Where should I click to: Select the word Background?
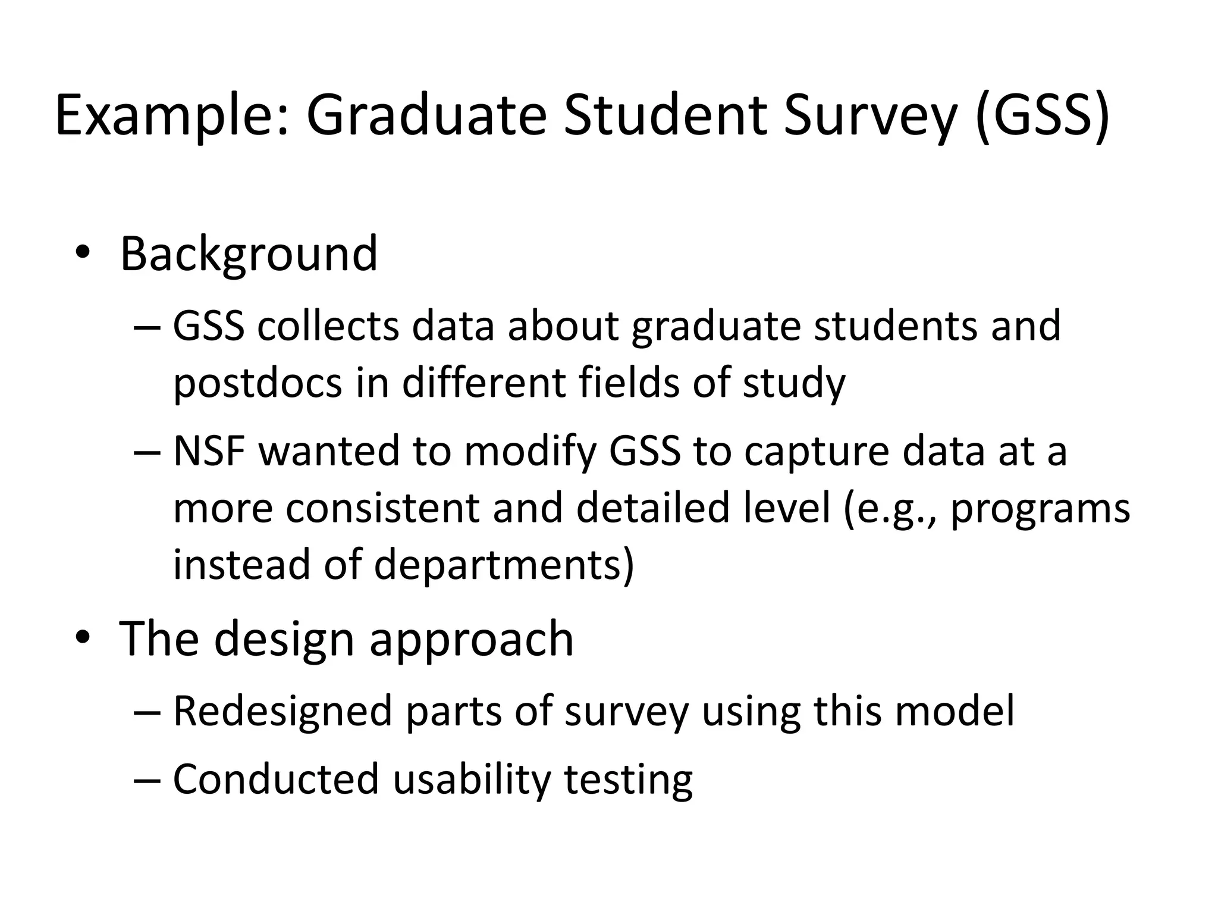(249, 255)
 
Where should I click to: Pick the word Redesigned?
(282, 712)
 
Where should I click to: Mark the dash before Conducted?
(147, 779)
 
